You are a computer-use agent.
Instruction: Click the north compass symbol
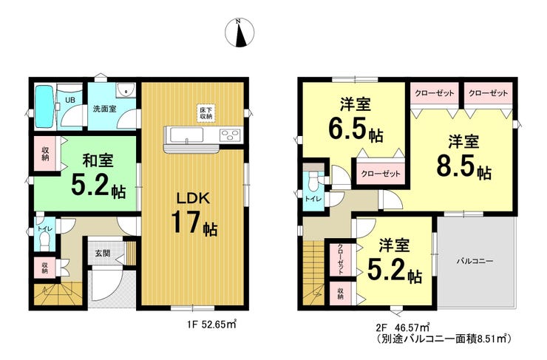tap(239, 33)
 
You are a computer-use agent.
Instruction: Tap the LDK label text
tap(193, 199)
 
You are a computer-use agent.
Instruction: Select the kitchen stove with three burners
tap(230, 135)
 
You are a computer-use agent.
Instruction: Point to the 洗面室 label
tap(104, 109)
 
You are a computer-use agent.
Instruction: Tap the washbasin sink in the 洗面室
tap(125, 91)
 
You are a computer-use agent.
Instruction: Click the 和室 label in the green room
tap(98, 161)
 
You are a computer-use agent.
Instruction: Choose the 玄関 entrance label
tap(103, 252)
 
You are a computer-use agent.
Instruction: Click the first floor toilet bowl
tap(45, 241)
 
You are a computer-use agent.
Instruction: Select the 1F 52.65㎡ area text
tap(211, 325)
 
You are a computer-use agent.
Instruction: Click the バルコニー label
tap(475, 261)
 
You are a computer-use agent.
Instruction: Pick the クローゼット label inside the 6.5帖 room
tap(381, 174)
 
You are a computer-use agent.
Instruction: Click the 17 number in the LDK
tap(186, 223)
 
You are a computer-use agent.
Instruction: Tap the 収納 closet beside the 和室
tap(45, 154)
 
